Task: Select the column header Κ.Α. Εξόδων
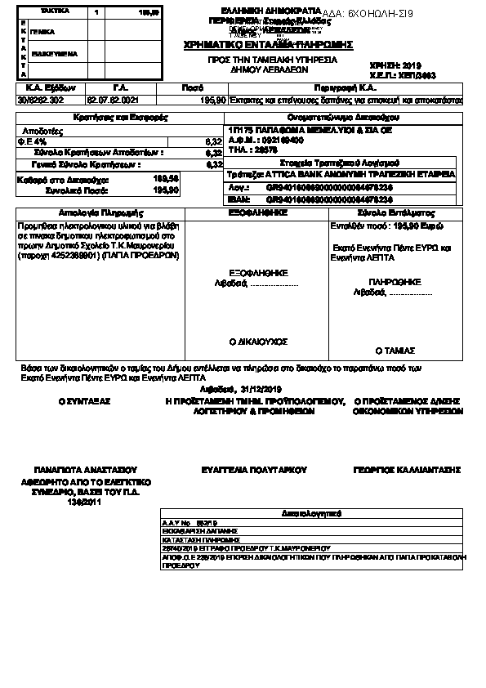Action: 40,87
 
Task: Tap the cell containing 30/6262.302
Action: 40,99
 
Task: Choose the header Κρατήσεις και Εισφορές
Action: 120,118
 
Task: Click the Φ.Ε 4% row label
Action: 33,141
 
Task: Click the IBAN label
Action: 238,198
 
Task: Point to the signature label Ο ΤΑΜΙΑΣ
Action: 390,349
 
